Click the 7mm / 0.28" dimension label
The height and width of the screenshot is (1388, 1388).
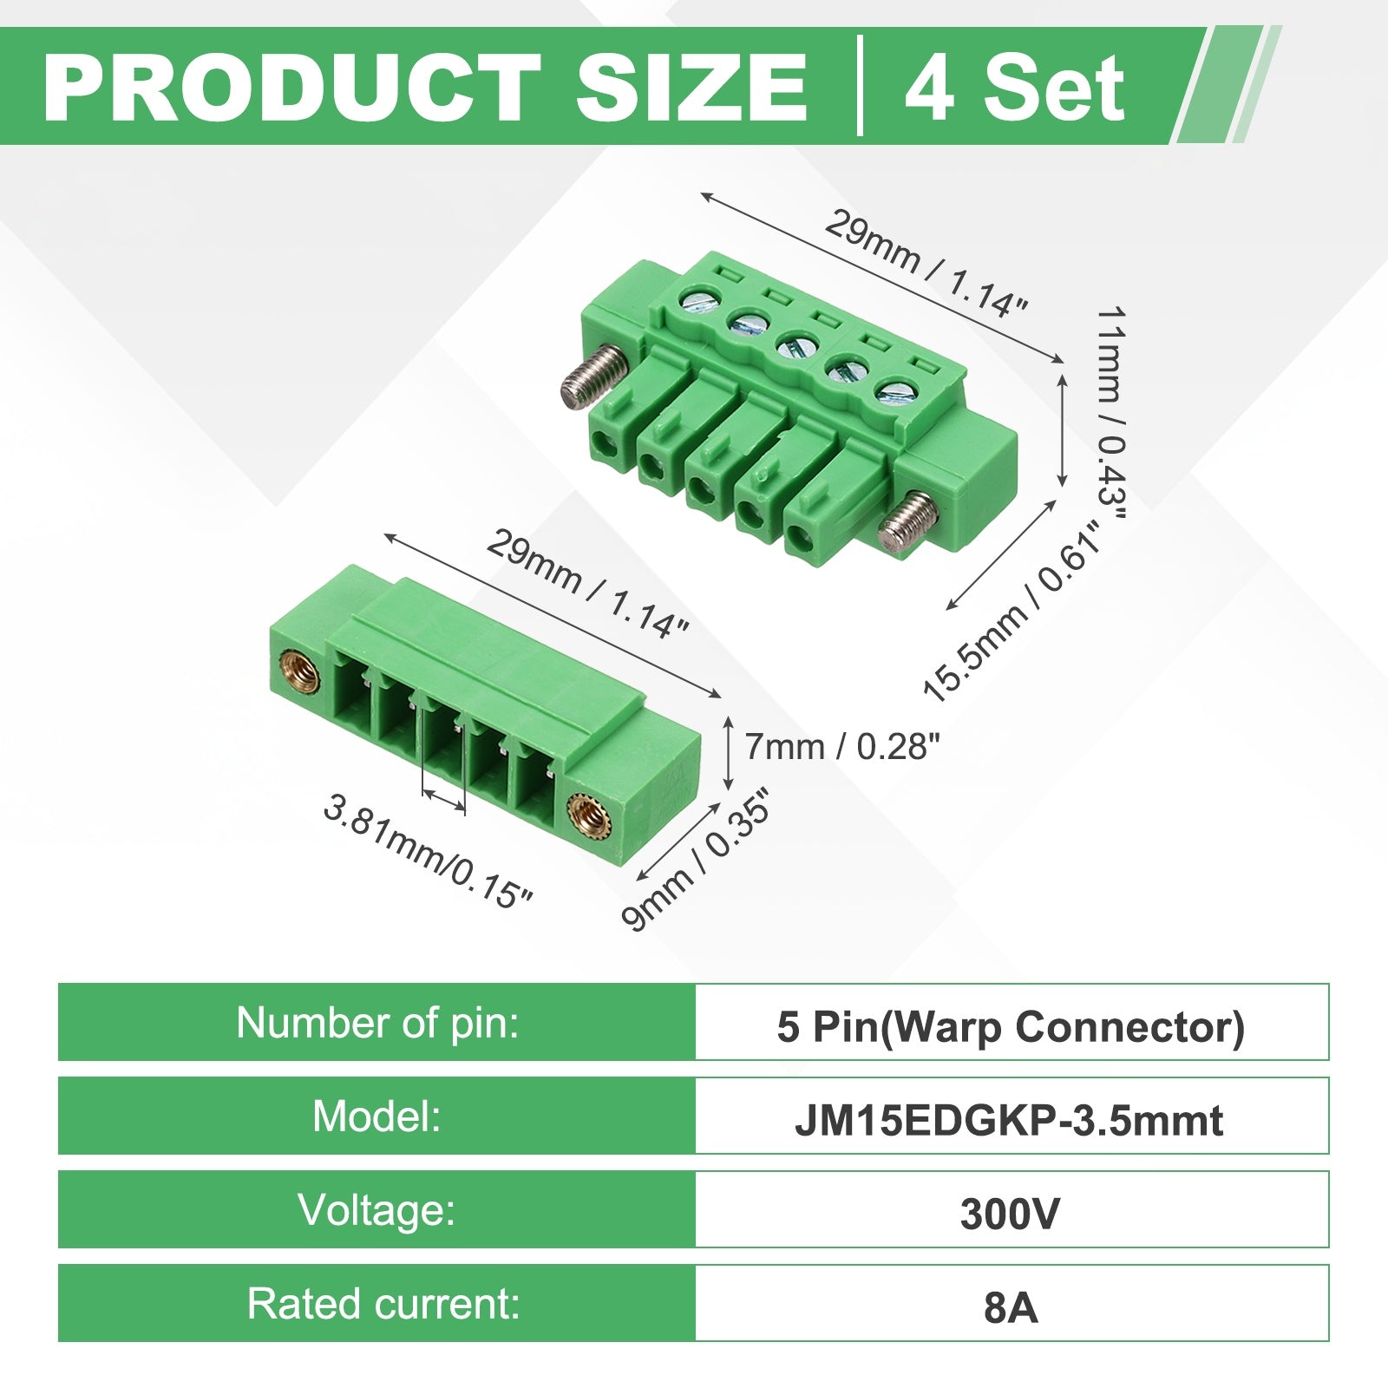point(842,746)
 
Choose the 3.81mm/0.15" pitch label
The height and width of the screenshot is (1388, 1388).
point(427,851)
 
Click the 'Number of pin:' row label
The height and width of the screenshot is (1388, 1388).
point(377,1023)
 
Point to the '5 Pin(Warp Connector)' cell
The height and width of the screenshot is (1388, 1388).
point(1012,1027)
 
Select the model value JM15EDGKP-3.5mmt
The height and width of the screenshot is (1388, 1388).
point(1010,1121)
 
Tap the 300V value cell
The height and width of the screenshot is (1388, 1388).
point(1010,1214)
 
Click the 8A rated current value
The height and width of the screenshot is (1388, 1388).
point(1012,1308)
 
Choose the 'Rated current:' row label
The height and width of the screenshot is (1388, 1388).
point(383,1304)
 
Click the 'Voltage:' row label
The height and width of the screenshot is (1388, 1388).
point(376,1210)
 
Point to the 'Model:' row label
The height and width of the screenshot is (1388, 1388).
point(376,1116)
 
